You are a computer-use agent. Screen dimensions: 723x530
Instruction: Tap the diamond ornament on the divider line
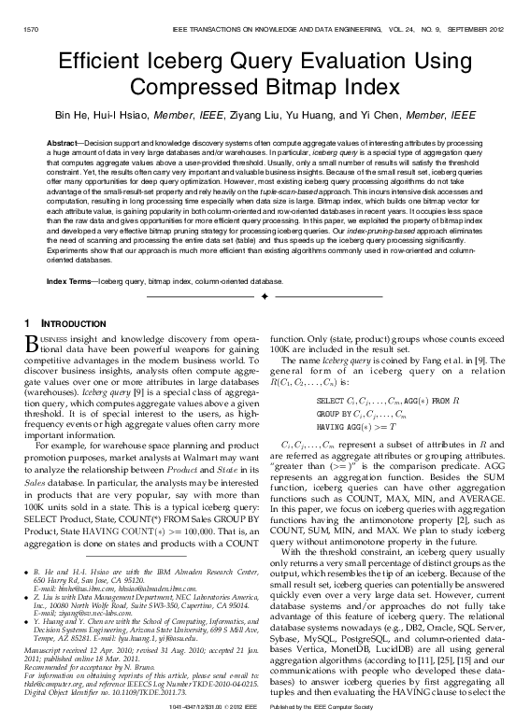coord(265,295)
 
